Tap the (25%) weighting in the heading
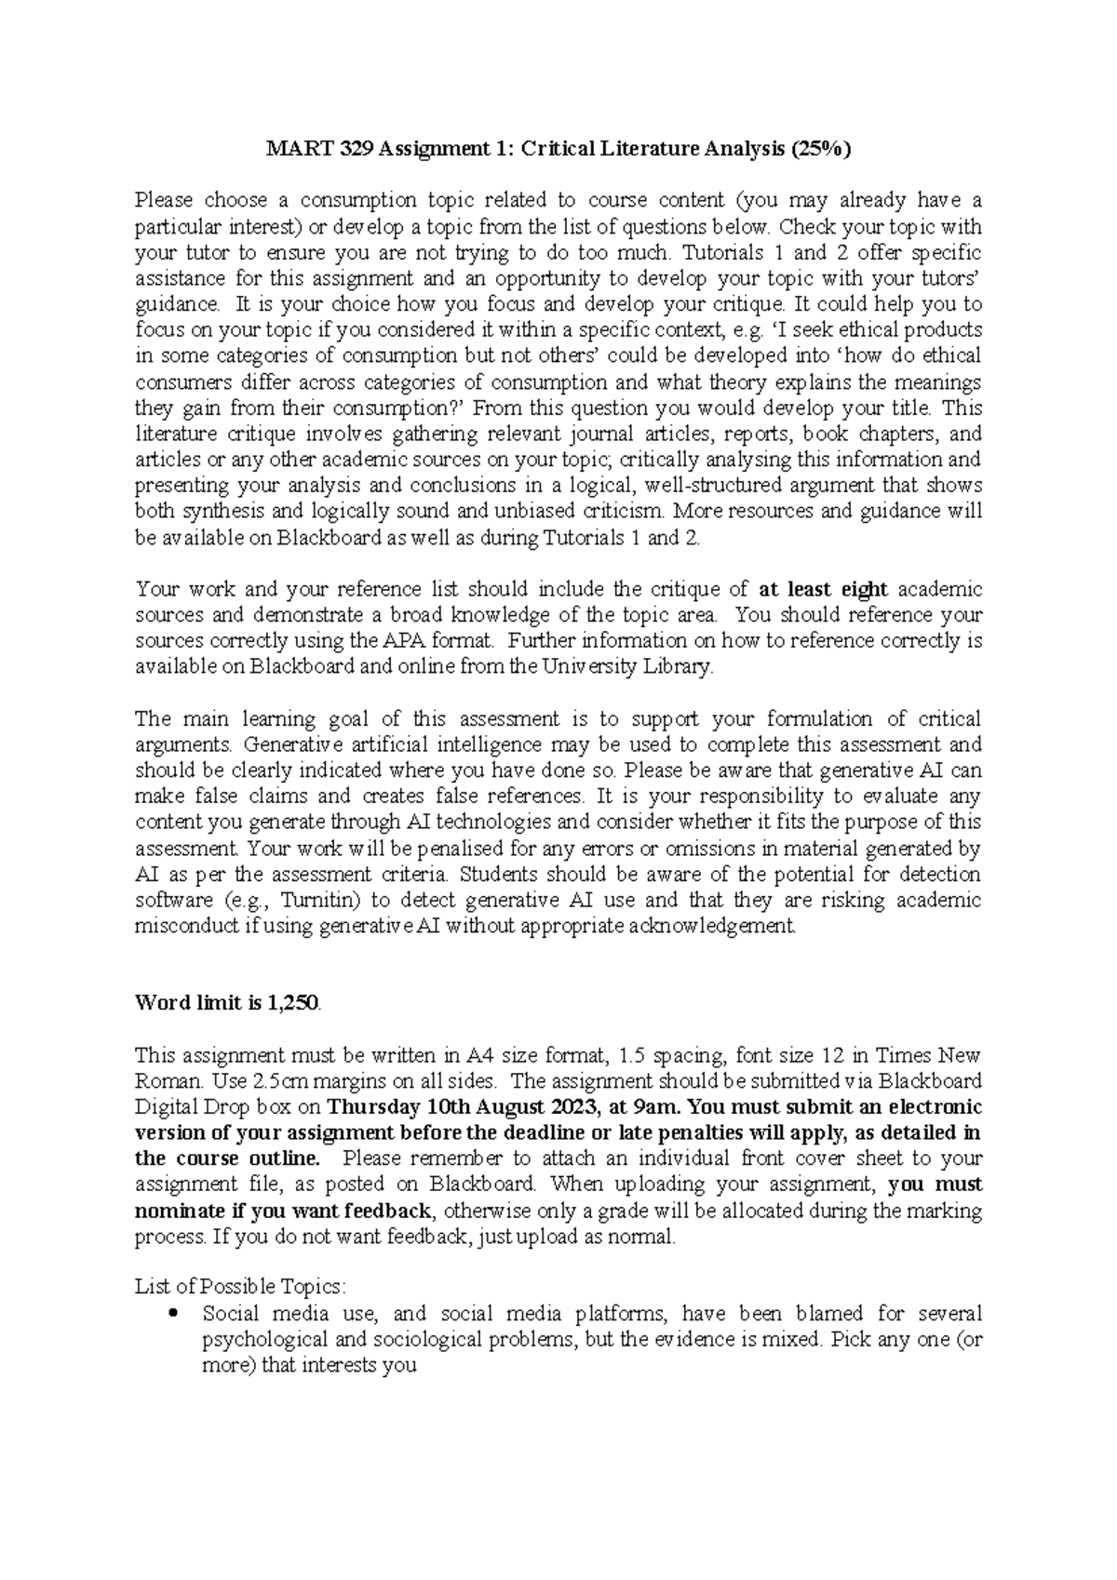820,148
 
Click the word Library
683,667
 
